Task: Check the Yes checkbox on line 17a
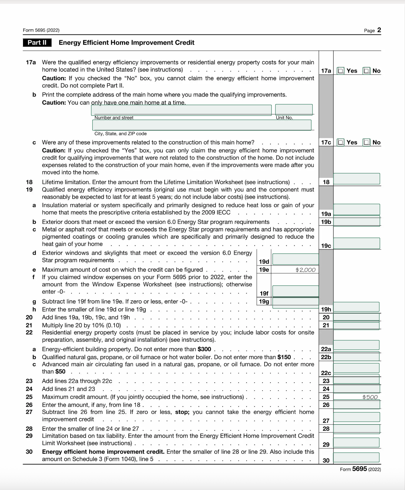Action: click(x=341, y=71)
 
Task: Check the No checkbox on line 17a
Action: click(x=367, y=71)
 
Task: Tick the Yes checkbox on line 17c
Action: click(x=341, y=142)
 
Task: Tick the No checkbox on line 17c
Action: click(x=367, y=142)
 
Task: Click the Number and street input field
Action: click(x=181, y=110)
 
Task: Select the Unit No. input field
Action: click(x=294, y=110)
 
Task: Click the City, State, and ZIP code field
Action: click(x=202, y=125)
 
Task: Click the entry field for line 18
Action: click(x=357, y=179)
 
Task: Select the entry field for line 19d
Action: click(x=295, y=259)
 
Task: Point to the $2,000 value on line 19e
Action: click(x=305, y=270)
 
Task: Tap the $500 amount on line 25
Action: click(x=370, y=397)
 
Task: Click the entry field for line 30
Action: click(x=356, y=457)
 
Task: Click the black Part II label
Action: click(x=37, y=43)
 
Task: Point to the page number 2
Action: click(x=379, y=30)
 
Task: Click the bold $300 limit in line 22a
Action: click(x=204, y=349)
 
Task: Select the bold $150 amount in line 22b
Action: click(x=284, y=357)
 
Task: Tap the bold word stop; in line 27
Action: click(x=182, y=412)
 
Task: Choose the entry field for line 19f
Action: click(x=295, y=291)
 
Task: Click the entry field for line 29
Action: click(x=356, y=442)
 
